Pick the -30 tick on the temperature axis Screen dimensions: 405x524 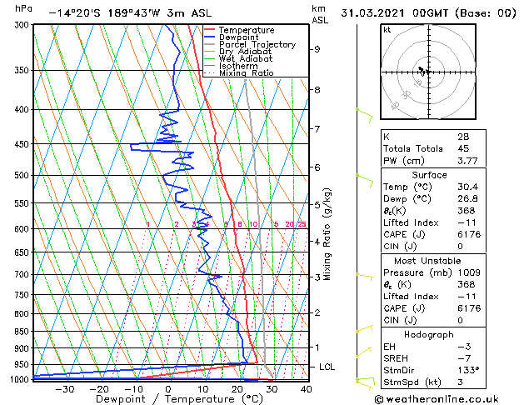(x=64, y=388)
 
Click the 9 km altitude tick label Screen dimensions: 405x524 (x=317, y=49)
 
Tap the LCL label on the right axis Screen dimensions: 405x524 (x=327, y=367)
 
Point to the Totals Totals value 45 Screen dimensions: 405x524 (x=463, y=150)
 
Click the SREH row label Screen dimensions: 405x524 (x=396, y=357)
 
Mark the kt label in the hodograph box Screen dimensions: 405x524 (x=387, y=30)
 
